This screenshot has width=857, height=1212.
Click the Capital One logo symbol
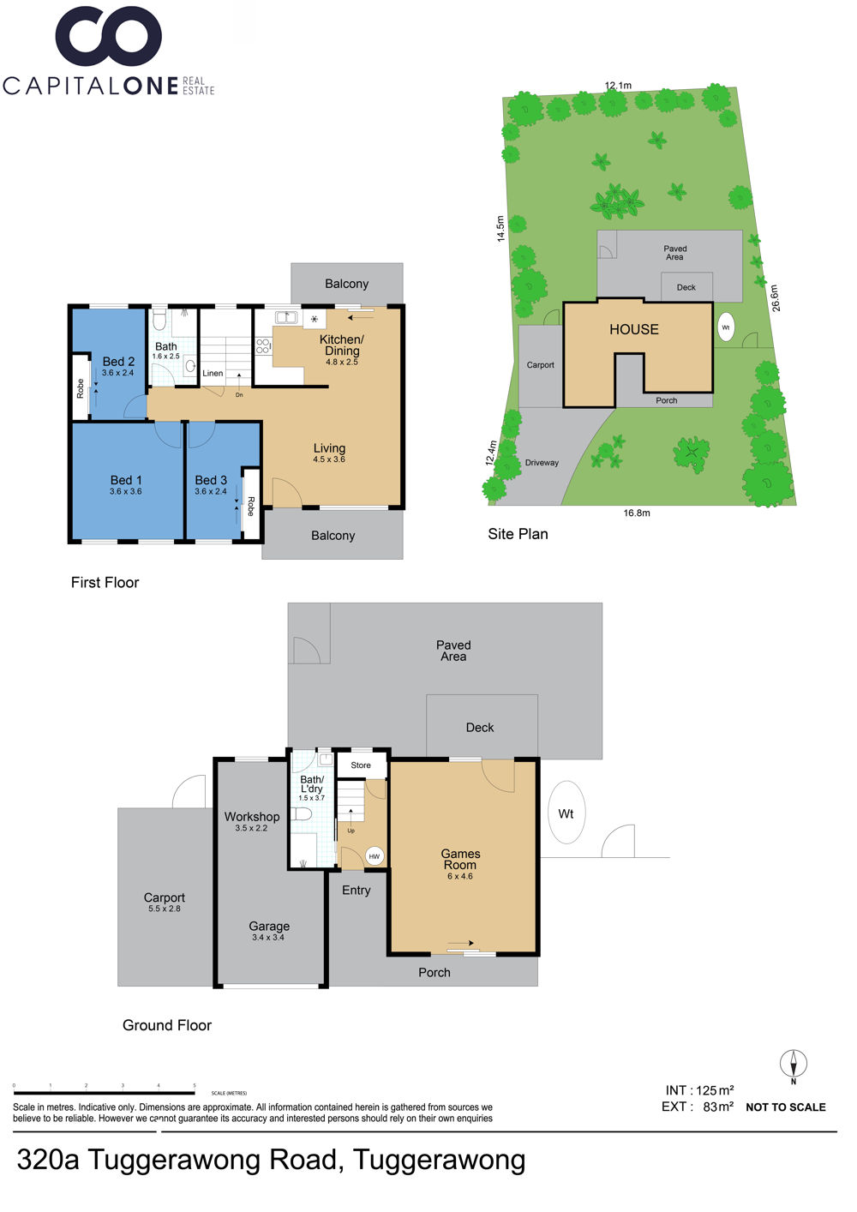[x=108, y=37]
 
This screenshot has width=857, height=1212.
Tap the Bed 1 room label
[x=126, y=480]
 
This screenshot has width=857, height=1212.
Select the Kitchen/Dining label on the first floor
[x=341, y=345]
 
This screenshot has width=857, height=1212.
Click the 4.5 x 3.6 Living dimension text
[x=328, y=459]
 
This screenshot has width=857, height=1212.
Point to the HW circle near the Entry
[x=375, y=856]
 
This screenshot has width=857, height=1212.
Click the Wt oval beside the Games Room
[x=566, y=813]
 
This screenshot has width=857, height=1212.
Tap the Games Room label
[x=460, y=859]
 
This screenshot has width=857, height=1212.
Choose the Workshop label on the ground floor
[x=252, y=817]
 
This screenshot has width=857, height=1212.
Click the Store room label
[x=360, y=765]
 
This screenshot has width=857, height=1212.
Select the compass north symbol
[x=794, y=1064]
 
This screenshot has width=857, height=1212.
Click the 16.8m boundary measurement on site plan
[x=637, y=513]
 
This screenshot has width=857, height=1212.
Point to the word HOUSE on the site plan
[x=634, y=329]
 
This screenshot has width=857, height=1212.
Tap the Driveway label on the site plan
[x=542, y=463]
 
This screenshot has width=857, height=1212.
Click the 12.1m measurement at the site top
[x=618, y=86]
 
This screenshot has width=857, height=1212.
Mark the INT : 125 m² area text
[x=699, y=1090]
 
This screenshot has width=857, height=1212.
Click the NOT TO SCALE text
[x=786, y=1107]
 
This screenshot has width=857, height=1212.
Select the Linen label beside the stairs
[x=213, y=374]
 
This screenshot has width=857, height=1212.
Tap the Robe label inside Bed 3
[x=250, y=507]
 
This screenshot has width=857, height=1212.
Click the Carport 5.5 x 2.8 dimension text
[x=165, y=909]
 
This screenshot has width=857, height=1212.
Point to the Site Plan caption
[x=518, y=534]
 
